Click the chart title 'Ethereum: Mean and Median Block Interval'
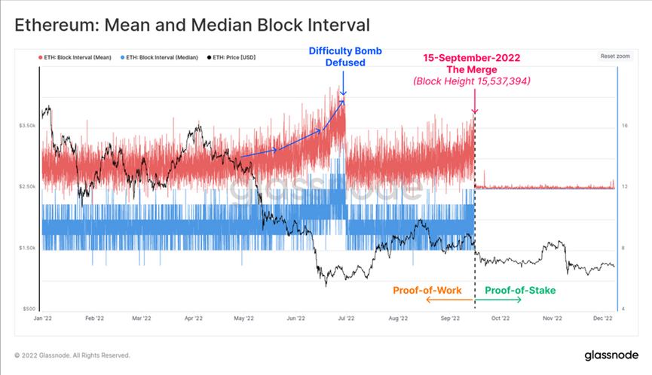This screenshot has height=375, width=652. pos(192,25)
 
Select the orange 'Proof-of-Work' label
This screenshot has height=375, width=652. pos(428,289)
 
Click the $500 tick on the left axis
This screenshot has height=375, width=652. pos(29,309)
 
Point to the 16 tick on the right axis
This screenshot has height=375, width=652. pos(625,126)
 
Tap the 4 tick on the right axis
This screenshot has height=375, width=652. pos(623,309)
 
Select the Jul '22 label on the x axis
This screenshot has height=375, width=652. pos(346,319)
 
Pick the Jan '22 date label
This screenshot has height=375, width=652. pos(42,319)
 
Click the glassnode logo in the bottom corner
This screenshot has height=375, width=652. pos(612,355)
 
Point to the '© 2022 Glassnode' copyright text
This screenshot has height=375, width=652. pos(72,355)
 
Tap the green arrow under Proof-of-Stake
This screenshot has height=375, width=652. pos(499,300)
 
